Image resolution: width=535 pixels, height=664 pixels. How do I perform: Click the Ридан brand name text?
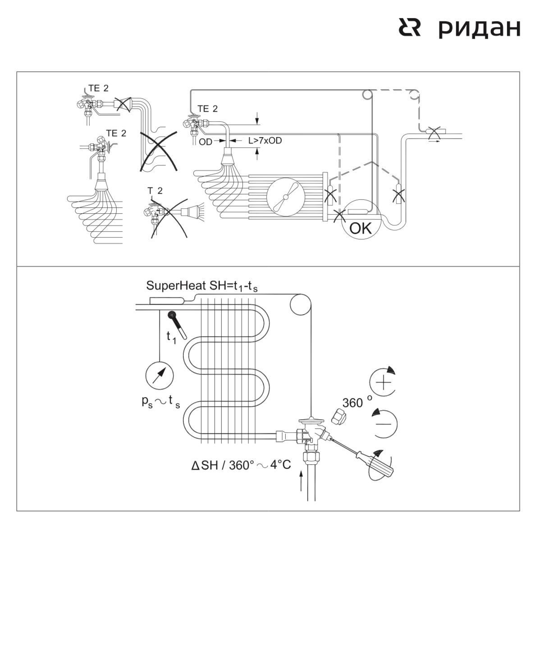[x=480, y=29]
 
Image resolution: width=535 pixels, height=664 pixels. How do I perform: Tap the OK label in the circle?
[x=361, y=229]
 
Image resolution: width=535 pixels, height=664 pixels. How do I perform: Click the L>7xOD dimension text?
[x=265, y=141]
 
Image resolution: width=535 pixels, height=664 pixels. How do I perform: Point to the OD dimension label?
[x=206, y=142]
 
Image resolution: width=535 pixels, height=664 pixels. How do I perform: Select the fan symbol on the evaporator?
[x=286, y=197]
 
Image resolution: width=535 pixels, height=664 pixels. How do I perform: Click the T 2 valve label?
[x=155, y=191]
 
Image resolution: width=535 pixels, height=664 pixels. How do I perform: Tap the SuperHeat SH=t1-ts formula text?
[x=202, y=286]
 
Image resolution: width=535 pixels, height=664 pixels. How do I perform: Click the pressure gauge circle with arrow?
[x=160, y=376]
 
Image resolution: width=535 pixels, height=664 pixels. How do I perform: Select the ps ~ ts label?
[x=161, y=402]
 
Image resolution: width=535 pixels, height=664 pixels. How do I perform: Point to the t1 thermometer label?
[x=171, y=337]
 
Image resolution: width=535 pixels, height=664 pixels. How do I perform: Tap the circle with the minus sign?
[x=384, y=424]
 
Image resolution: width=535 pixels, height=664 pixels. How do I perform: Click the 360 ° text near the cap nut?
[x=357, y=402]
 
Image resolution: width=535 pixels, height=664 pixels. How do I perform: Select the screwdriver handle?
[x=375, y=463]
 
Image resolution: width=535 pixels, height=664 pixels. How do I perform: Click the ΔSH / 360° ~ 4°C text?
[x=241, y=465]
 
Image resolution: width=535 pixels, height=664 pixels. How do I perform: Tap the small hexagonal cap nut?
[x=339, y=417]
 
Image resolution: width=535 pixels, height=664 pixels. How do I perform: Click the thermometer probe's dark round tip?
[x=172, y=315]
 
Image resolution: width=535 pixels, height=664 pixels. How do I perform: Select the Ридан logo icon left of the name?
[x=409, y=27]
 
